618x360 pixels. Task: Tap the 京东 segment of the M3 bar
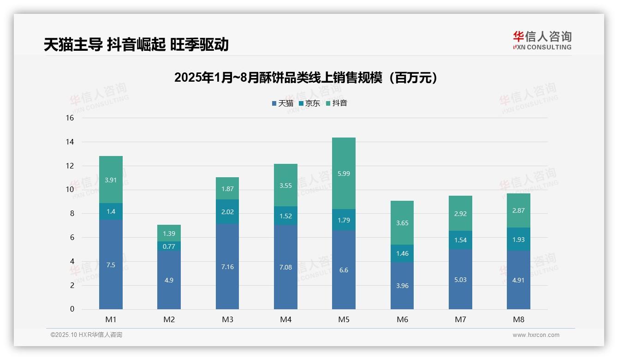tap(227, 212)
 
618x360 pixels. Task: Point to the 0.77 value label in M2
tap(169, 246)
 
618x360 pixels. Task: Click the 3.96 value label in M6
tap(402, 286)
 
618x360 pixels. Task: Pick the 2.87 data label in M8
tap(518, 210)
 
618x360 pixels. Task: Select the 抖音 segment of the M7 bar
tap(460, 214)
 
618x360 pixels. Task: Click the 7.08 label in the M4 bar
tap(285, 267)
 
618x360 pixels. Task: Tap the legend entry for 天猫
tap(283, 103)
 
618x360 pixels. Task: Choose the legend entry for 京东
tap(309, 103)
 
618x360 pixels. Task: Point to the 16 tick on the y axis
tap(70, 118)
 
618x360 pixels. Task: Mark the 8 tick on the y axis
tap(71, 214)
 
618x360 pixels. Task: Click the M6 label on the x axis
tap(402, 319)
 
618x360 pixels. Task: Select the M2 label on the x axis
tap(169, 319)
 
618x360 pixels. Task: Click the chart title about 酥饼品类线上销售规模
tap(306, 78)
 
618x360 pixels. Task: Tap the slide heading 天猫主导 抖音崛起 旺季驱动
tap(136, 45)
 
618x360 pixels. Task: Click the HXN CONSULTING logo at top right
tap(542, 41)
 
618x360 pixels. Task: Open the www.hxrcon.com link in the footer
tap(536, 335)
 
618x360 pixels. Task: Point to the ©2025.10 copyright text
tap(86, 335)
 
